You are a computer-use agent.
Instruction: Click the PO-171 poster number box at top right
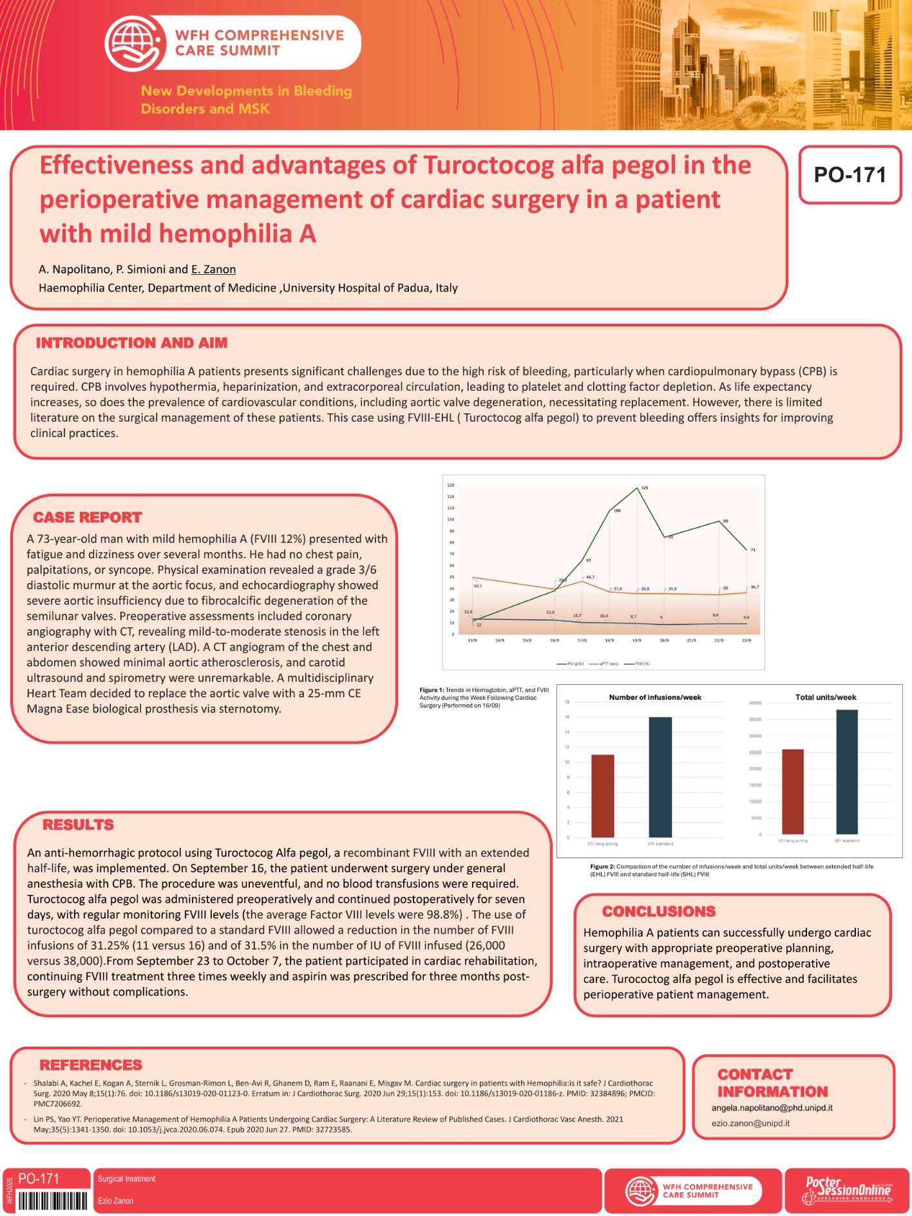pyautogui.click(x=850, y=174)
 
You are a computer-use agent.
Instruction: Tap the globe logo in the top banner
pyautogui.click(x=134, y=43)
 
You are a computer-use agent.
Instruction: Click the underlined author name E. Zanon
pyautogui.click(x=213, y=269)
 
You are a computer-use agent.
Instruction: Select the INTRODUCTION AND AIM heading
pyautogui.click(x=131, y=343)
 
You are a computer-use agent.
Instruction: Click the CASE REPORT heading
pyautogui.click(x=88, y=518)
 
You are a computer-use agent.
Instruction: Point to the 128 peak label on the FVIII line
pyautogui.click(x=644, y=488)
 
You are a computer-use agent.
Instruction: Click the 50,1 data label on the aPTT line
pyautogui.click(x=477, y=586)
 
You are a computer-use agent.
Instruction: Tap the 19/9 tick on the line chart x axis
pyautogui.click(x=636, y=641)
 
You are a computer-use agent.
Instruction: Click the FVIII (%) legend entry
pyautogui.click(x=642, y=664)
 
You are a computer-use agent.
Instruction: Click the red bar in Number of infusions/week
pyautogui.click(x=602, y=796)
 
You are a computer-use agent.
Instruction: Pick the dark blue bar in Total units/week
pyautogui.click(x=846, y=772)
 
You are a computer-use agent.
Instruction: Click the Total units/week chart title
pyautogui.click(x=826, y=697)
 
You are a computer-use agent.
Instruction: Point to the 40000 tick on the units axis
pyautogui.click(x=755, y=703)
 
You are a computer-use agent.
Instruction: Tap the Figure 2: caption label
pyautogui.click(x=602, y=866)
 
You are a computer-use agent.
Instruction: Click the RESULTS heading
pyautogui.click(x=78, y=825)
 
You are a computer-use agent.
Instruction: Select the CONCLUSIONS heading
pyautogui.click(x=659, y=912)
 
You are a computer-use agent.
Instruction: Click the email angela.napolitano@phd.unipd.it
pyautogui.click(x=772, y=1108)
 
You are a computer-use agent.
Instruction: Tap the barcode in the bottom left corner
pyautogui.click(x=52, y=1201)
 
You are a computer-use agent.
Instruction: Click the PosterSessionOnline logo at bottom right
pyautogui.click(x=847, y=1191)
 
